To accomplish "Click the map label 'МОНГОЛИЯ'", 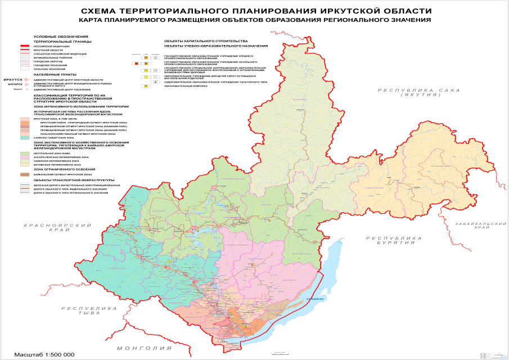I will coord(142,349).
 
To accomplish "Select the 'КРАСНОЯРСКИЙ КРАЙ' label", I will coord(58,228).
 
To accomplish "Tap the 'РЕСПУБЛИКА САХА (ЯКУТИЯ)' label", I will coord(419,93).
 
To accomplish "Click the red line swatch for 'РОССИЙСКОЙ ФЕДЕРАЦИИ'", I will coord(25,46).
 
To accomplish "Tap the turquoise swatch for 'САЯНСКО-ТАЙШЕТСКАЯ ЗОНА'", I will coord(25,137).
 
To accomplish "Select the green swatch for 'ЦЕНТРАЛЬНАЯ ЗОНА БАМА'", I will coord(25,152).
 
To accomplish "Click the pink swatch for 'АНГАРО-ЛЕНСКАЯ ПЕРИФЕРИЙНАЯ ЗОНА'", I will coord(25,156).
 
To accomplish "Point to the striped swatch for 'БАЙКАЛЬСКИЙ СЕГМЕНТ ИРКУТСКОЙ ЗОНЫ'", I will coord(25,175).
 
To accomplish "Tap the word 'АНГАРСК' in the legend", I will coord(15,84).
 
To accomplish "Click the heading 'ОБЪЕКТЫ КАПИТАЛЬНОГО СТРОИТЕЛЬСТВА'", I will coord(205,41).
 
